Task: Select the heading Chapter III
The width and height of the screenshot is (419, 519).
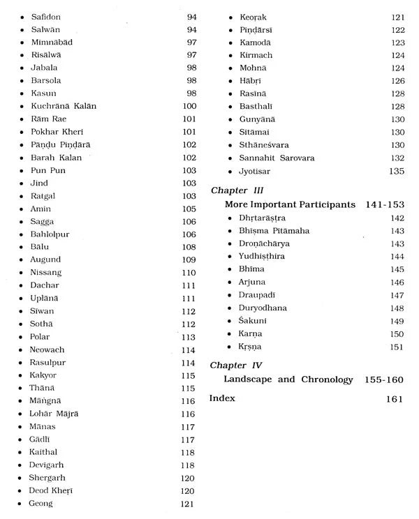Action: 236,189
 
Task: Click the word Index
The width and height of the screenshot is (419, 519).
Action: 222,398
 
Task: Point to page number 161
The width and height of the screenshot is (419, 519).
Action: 395,399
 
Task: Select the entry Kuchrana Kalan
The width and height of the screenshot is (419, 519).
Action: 64,106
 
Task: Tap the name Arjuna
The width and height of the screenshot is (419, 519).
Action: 253,283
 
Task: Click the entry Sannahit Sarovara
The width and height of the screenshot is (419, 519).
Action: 277,158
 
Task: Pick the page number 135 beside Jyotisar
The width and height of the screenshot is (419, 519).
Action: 396,171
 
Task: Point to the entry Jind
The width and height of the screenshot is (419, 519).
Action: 38,183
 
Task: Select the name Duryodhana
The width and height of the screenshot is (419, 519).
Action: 263,308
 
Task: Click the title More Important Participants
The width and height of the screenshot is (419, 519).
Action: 290,204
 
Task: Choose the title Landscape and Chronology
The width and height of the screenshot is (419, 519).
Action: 289,380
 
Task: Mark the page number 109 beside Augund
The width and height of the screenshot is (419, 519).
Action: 189,259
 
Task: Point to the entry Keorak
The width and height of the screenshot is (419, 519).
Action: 253,16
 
